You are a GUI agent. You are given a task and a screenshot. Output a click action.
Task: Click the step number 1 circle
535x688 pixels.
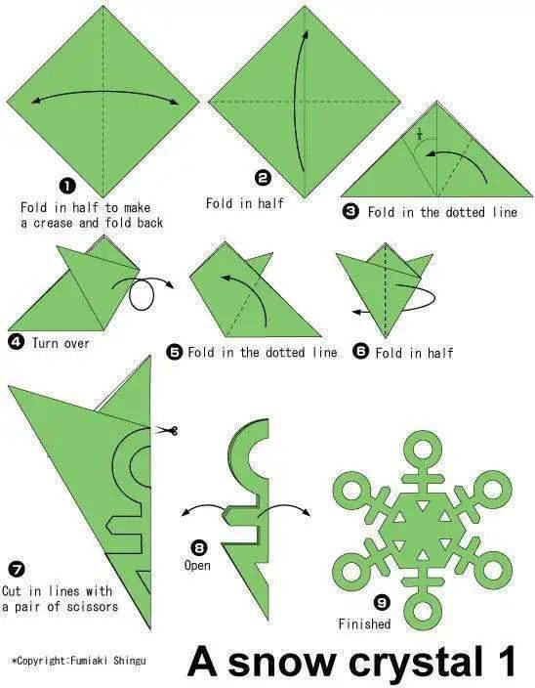point(67,186)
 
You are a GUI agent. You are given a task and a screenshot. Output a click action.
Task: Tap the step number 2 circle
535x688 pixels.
point(263,177)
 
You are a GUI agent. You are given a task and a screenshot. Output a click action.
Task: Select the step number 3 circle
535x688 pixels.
point(350,211)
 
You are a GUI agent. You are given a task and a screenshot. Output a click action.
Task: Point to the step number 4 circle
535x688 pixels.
point(17,342)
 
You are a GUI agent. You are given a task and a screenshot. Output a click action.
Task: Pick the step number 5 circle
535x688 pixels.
point(174,352)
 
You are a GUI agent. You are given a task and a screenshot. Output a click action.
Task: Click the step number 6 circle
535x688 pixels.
point(360,351)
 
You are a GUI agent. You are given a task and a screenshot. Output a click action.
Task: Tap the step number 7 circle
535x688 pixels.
point(17,570)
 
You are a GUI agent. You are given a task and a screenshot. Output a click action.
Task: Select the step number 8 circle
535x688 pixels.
point(199,547)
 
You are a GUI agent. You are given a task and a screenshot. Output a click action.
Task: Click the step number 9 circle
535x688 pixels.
point(382,602)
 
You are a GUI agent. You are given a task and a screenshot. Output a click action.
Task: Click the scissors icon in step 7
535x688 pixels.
point(167,430)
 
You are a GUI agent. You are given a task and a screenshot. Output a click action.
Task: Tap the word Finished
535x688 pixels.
point(364,623)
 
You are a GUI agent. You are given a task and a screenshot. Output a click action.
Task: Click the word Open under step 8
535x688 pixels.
point(197,565)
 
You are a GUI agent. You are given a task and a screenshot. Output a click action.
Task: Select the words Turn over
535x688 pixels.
point(61,343)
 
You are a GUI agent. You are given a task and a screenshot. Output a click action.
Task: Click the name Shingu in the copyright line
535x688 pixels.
point(130,661)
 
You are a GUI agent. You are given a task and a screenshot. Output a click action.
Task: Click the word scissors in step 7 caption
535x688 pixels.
point(93,606)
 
